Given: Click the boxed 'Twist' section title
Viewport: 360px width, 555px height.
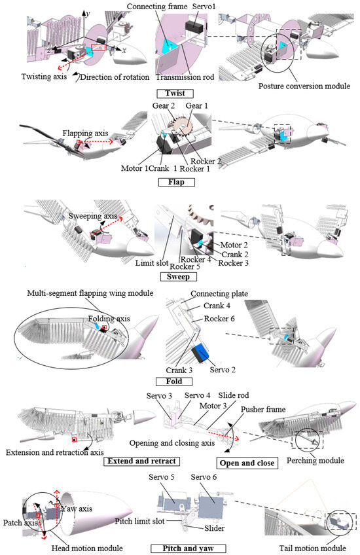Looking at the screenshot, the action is [x=175, y=94].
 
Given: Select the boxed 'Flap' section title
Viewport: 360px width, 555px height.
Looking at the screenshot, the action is [x=176, y=183].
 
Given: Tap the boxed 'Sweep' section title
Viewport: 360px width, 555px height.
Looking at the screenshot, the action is [x=179, y=277].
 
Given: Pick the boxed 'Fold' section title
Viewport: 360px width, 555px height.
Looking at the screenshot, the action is [x=174, y=382].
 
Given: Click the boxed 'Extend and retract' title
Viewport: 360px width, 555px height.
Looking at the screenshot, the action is [x=141, y=461].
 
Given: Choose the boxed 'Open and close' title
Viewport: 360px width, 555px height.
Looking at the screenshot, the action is [x=247, y=463].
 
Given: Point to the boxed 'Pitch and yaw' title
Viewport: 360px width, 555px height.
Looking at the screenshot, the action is [x=189, y=548].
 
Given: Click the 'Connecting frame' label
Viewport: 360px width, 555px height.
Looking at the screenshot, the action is [x=157, y=7].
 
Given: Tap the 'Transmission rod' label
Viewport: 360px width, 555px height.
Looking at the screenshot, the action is [x=185, y=77].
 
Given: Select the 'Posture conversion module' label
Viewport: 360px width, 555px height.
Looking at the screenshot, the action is [x=304, y=86].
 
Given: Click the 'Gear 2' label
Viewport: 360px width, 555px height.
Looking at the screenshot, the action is [x=164, y=106].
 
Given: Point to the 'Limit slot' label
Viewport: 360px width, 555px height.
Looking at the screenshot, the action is [x=152, y=262].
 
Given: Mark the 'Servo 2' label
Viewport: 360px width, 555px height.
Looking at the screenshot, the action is [x=223, y=370].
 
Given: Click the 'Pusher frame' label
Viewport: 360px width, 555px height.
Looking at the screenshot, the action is [x=263, y=410].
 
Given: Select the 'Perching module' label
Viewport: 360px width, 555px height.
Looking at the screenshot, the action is [x=315, y=461].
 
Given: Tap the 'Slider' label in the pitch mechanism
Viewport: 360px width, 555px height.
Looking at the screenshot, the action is [x=215, y=528].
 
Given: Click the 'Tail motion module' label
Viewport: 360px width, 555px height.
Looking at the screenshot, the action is [x=313, y=548].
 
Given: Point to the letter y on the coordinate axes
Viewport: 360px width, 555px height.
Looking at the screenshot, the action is [x=88, y=14].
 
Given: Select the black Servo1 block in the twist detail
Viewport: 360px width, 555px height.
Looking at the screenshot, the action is [x=194, y=26].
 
